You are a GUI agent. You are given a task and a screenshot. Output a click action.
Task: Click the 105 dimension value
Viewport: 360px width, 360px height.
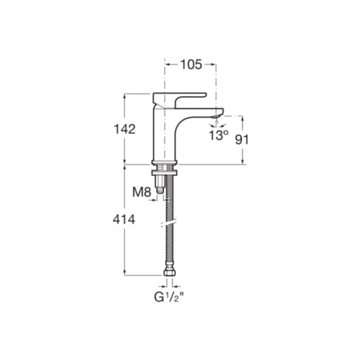tap(191, 64)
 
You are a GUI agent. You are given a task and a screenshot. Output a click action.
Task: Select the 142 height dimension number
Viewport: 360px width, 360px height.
tap(125, 129)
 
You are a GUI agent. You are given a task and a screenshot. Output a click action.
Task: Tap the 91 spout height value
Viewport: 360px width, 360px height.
tap(242, 139)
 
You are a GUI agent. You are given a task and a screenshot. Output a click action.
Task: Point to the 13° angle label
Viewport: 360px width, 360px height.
tap(218, 135)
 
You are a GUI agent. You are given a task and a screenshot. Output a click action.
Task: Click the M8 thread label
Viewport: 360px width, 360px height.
tap(142, 192)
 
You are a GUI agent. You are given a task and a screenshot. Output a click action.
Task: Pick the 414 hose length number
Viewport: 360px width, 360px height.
tap(124, 220)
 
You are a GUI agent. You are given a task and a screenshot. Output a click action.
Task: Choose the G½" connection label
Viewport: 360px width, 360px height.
tap(169, 297)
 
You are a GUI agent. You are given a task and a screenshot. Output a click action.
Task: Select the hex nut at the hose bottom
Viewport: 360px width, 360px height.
tap(170, 273)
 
